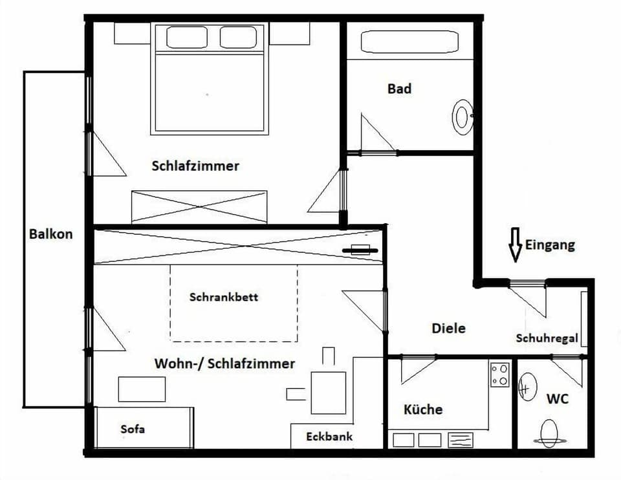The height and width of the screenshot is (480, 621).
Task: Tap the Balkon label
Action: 51,234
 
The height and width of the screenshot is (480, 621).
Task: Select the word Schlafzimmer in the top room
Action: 195,166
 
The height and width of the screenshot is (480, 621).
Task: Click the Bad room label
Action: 399,89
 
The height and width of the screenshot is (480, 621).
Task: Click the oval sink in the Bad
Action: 462,117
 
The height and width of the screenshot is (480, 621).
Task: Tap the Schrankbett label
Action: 224,298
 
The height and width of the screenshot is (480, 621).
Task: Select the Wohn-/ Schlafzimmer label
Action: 224,364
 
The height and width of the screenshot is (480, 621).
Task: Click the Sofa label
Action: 133,429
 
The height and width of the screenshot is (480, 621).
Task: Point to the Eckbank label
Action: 329,437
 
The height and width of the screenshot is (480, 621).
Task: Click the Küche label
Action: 423,409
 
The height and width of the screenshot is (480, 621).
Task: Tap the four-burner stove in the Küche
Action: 499,374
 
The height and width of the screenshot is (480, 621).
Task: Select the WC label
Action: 557,399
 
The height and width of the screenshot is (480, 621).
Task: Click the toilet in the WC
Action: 550,433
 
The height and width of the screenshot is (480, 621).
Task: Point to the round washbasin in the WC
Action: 528,388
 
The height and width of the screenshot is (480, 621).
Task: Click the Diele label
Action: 448,329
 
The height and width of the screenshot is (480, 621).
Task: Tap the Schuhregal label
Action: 547,338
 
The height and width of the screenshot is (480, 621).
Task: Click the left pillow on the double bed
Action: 186,38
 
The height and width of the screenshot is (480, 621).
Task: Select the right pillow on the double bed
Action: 238,38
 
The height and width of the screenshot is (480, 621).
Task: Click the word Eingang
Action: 550,245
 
